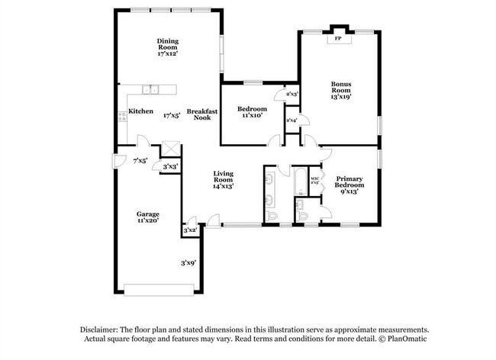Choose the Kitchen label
click(141, 111)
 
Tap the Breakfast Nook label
click(202, 114)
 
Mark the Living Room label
click(223, 179)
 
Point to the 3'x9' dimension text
click(188, 262)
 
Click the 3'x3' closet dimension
click(170, 166)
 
